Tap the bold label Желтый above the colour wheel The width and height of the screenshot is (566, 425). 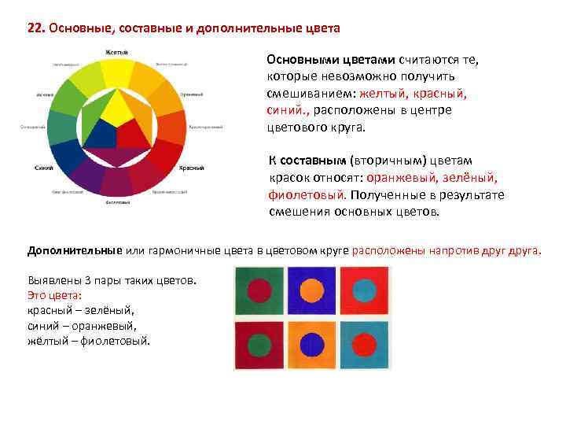(x=117, y=52)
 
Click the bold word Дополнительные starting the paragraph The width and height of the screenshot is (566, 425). (x=75, y=250)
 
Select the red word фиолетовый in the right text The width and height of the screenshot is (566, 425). (x=303, y=194)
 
